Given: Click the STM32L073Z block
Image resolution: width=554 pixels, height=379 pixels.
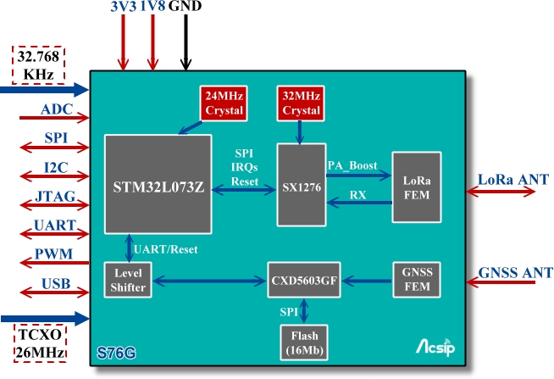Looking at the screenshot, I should (157, 183).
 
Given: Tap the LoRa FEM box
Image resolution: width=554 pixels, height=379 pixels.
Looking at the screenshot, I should (416, 187).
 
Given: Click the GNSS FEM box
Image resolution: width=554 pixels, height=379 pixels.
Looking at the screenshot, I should (416, 280).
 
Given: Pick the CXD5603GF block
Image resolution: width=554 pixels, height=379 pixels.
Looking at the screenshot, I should (304, 280).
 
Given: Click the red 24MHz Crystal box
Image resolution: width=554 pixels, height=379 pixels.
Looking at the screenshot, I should (223, 103).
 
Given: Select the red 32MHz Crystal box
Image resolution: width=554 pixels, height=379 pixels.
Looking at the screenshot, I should (301, 103).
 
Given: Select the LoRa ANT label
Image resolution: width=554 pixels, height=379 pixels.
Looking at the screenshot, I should (512, 179).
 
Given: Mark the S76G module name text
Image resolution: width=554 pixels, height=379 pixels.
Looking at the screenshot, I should (116, 351).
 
